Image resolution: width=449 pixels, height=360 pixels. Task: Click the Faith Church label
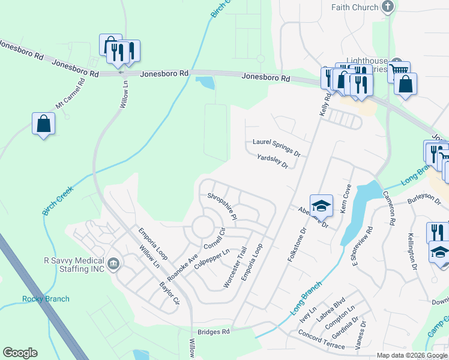coord(355,7)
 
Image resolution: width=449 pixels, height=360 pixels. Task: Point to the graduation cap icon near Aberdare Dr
coord(321,205)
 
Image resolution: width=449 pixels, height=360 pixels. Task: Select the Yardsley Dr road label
coord(273,161)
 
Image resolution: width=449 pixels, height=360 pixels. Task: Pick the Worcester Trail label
coord(235,267)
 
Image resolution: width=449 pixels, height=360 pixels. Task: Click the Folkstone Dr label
coord(297,242)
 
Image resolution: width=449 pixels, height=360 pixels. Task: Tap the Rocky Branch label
coord(46,299)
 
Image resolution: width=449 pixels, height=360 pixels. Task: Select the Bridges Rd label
coord(214,332)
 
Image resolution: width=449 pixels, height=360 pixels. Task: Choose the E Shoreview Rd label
coord(363,245)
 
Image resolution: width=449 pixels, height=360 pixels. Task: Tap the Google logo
coord(20,353)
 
